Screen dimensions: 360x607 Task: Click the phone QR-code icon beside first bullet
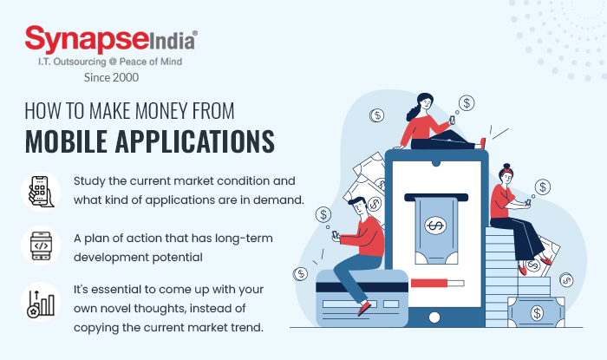click(x=41, y=192)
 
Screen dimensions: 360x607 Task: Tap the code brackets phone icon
click(x=41, y=246)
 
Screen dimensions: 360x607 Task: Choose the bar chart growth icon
click(x=41, y=302)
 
